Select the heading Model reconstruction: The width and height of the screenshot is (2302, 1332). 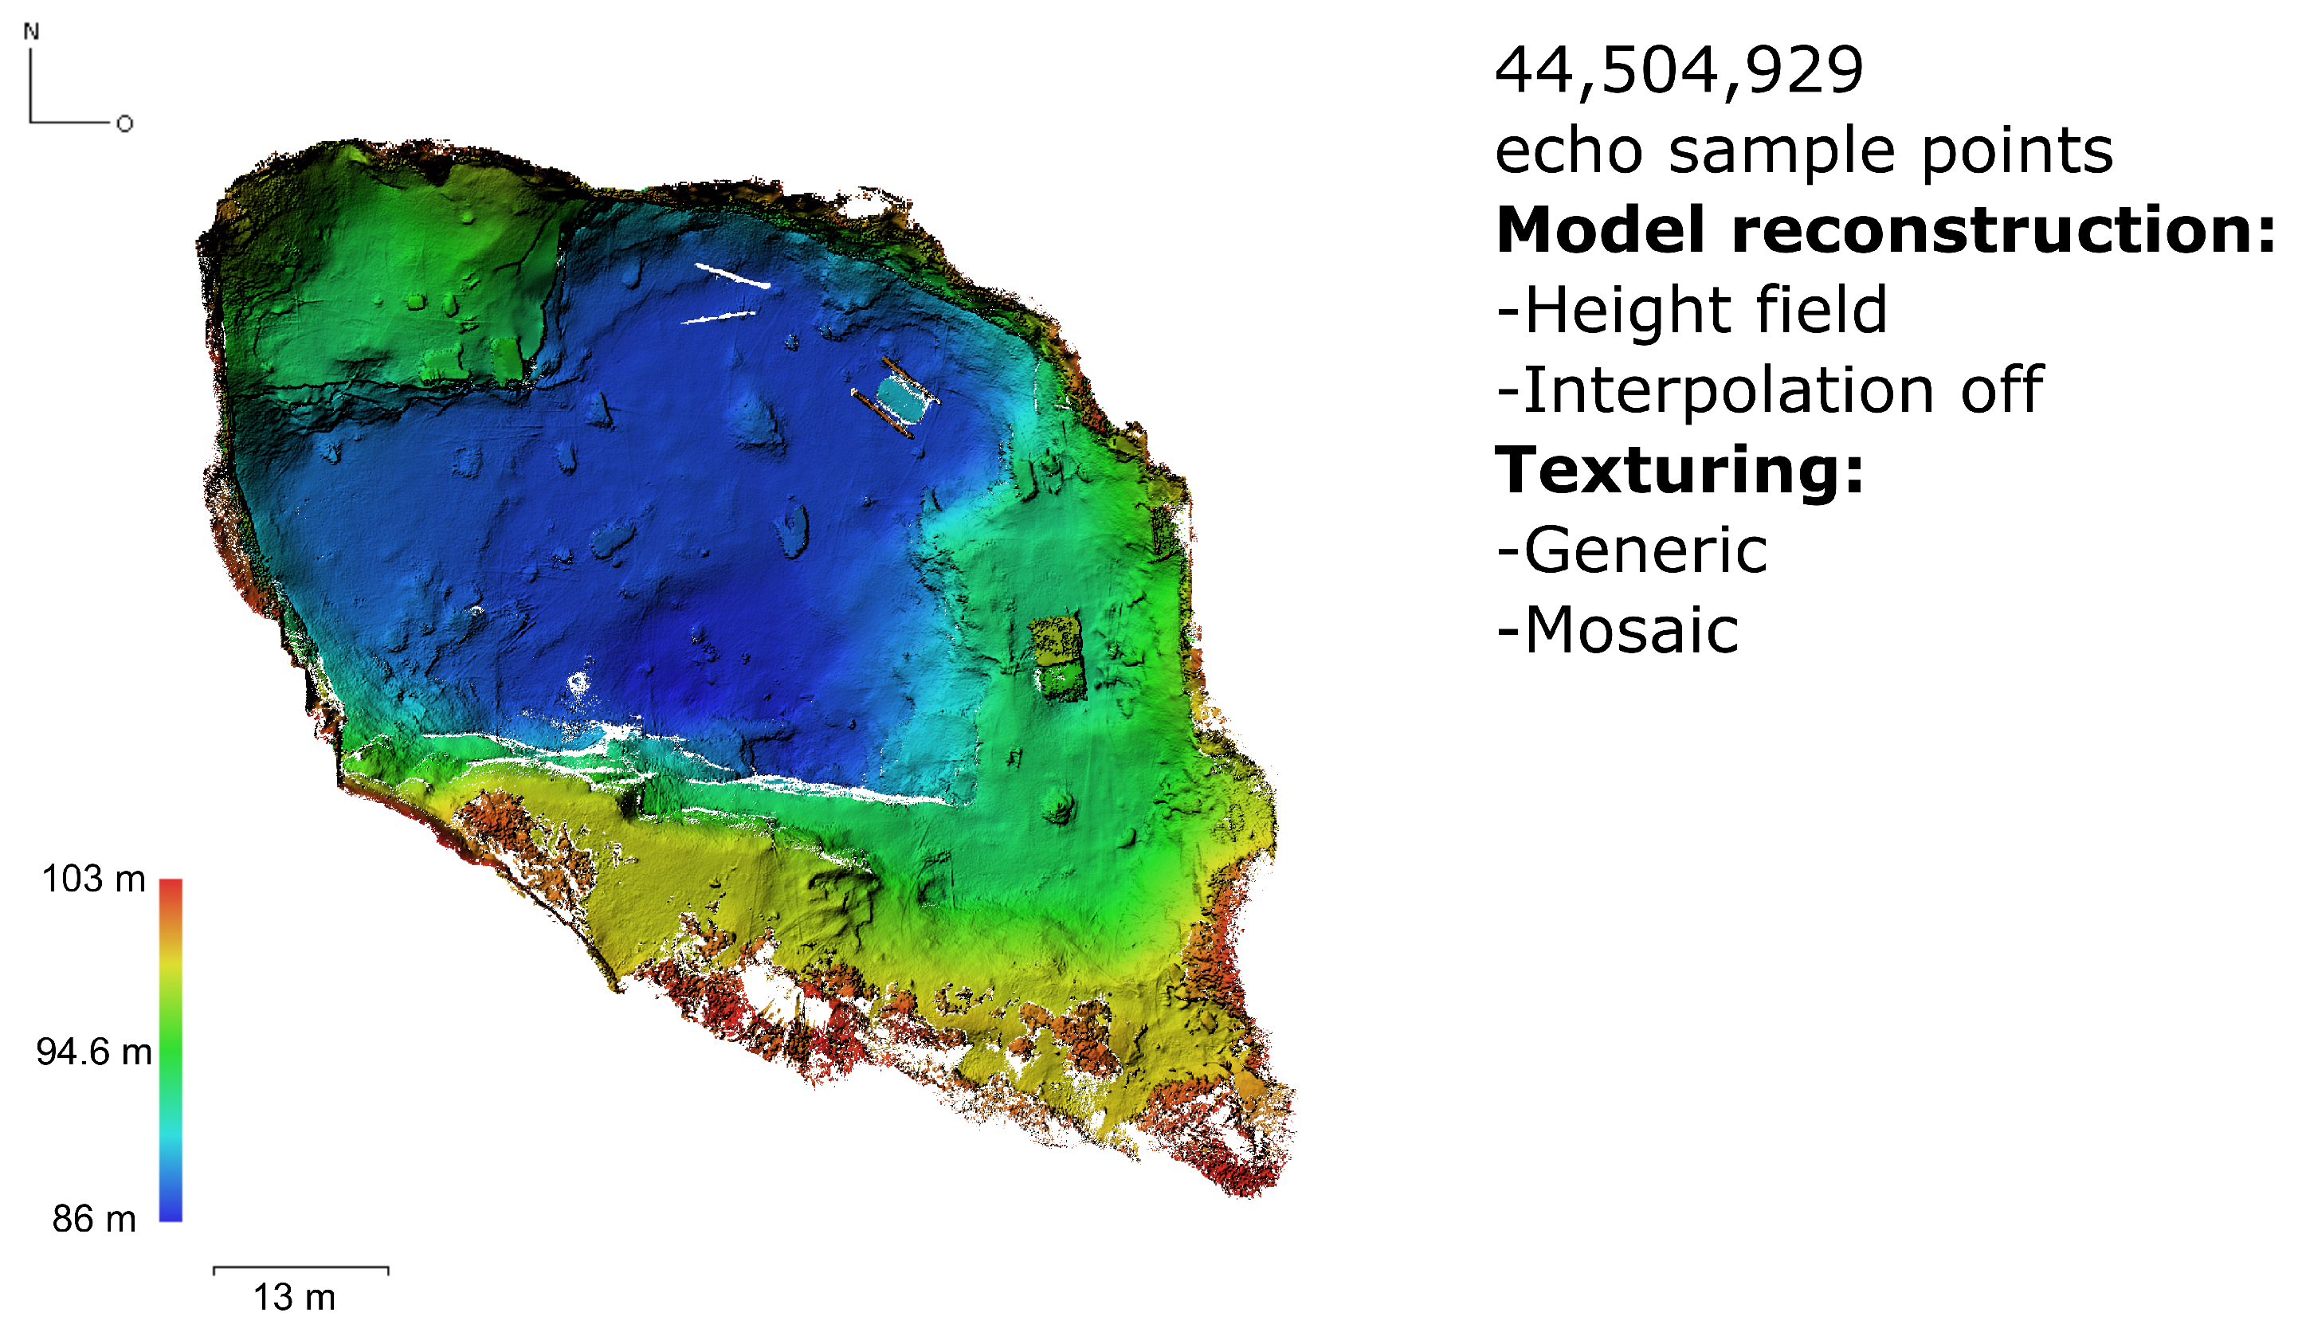click(1884, 229)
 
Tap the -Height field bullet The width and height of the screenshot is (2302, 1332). click(1691, 310)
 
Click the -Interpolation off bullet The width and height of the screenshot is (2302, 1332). click(1768, 390)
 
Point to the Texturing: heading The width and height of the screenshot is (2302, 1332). click(1678, 471)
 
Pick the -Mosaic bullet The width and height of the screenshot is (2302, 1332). click(1617, 631)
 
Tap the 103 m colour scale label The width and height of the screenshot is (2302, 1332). click(93, 879)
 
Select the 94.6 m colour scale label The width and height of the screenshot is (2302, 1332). click(93, 1052)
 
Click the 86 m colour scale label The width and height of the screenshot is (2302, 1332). click(93, 1219)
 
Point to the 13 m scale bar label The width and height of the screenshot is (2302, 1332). click(294, 1297)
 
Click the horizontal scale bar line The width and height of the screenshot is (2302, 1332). click(300, 1267)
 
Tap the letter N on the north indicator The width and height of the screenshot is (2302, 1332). click(31, 32)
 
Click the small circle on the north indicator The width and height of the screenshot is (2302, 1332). click(125, 123)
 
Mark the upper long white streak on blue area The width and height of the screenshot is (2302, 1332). click(731, 275)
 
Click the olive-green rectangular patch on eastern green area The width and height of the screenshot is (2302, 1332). click(1056, 639)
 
